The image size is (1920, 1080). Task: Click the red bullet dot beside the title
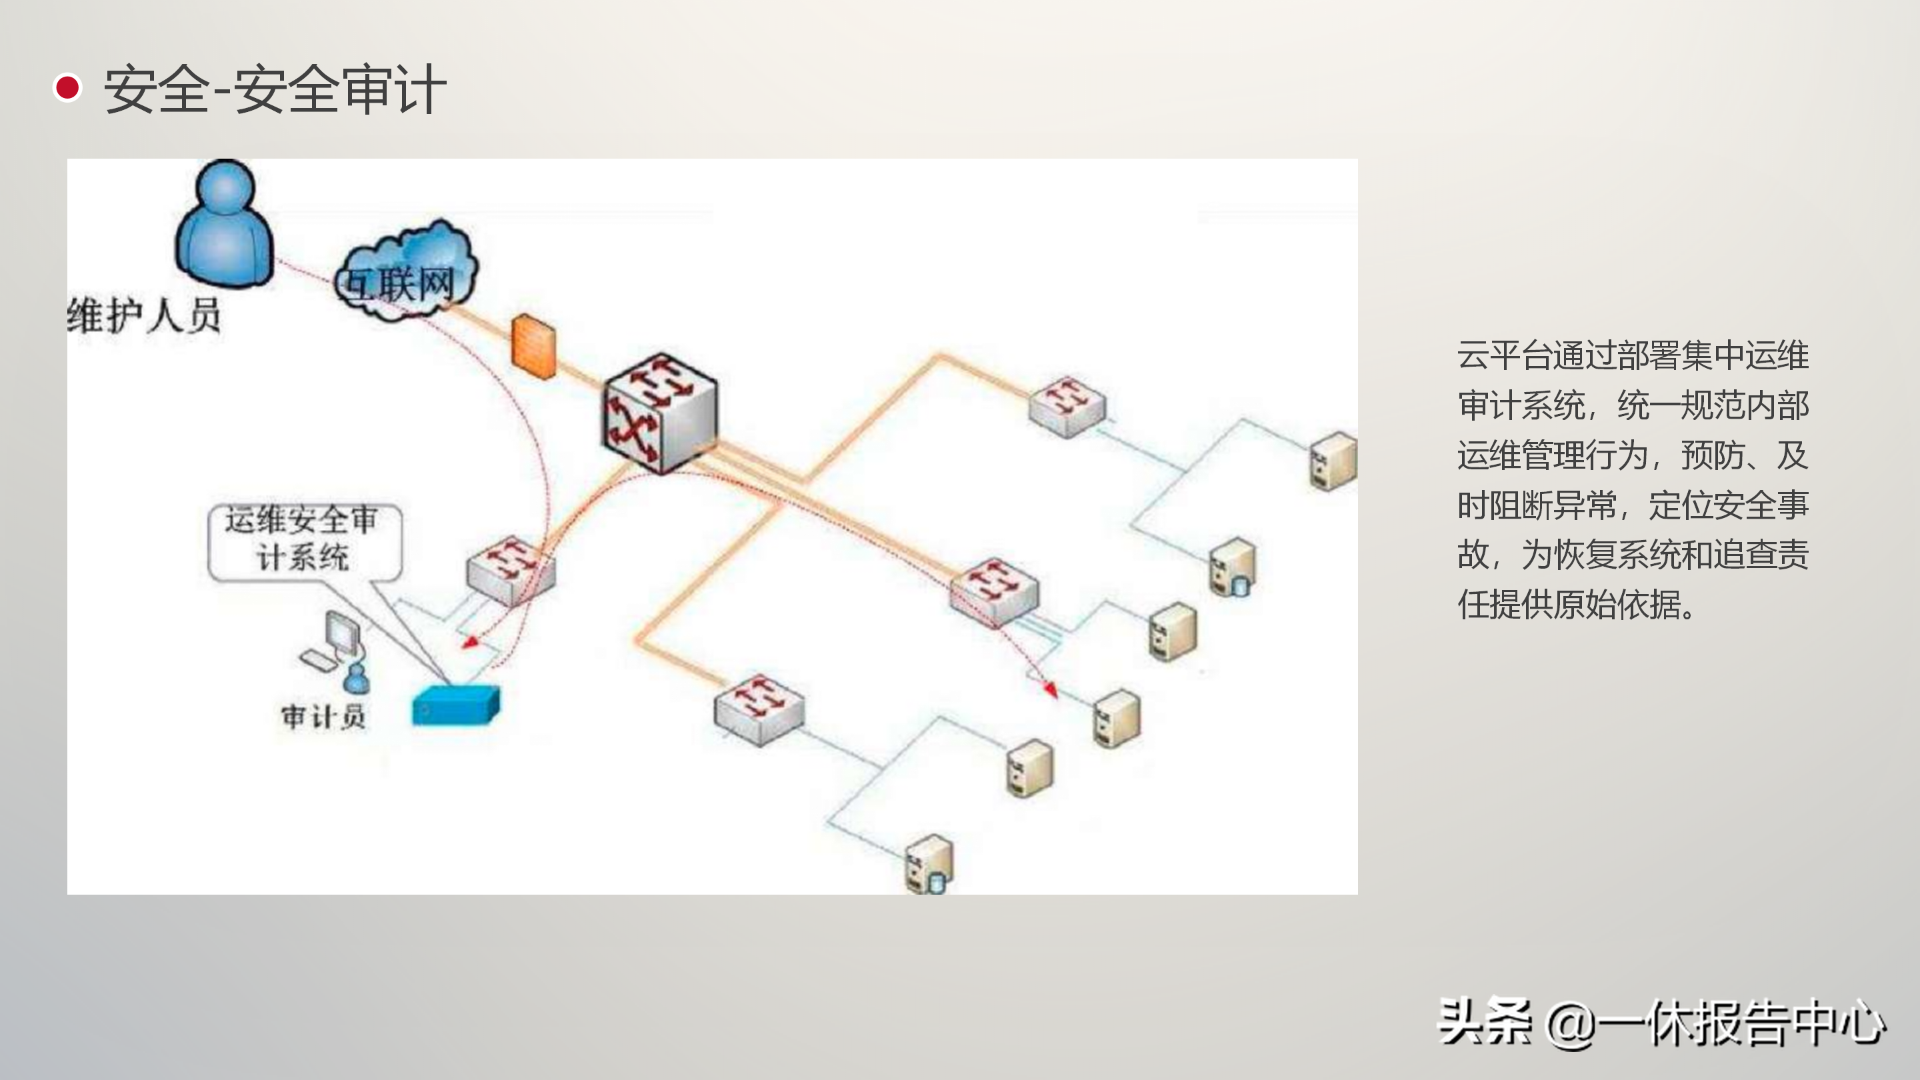(68, 88)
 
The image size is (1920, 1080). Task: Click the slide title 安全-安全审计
(274, 89)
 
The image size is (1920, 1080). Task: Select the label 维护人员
(144, 315)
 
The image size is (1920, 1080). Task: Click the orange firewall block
(533, 346)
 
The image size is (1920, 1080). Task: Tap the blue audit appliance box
(455, 705)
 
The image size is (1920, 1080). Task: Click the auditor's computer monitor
(342, 633)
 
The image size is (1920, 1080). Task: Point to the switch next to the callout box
(511, 570)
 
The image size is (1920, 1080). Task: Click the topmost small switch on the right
(1067, 405)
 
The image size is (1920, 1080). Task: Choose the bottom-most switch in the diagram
(759, 709)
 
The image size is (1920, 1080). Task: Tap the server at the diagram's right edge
(1333, 461)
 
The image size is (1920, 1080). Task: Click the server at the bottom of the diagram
(929, 864)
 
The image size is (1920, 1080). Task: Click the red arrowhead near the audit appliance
(469, 642)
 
